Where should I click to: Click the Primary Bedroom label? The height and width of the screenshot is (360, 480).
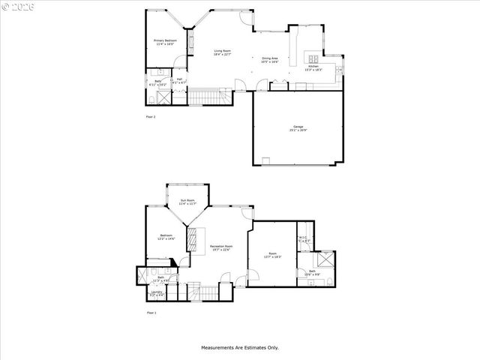[x=164, y=42]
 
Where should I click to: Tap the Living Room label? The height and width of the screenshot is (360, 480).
[x=222, y=52]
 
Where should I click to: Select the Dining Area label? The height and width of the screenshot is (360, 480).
[x=270, y=59]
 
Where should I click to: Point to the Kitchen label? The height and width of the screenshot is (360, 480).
[x=313, y=67]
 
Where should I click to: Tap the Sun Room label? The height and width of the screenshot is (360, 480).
[x=187, y=201]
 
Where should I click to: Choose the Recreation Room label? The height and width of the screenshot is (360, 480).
[x=220, y=247]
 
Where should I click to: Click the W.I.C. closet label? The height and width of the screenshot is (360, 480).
[x=303, y=239]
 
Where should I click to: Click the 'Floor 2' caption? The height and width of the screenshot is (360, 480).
[x=151, y=117]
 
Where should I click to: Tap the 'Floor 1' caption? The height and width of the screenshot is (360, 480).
[x=151, y=312]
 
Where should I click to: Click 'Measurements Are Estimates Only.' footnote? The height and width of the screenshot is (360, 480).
[x=239, y=347]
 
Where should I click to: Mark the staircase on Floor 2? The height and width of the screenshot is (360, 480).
[x=205, y=97]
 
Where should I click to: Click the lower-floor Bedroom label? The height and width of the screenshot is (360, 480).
[x=166, y=238]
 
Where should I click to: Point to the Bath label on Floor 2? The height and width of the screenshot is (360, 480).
[x=158, y=82]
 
